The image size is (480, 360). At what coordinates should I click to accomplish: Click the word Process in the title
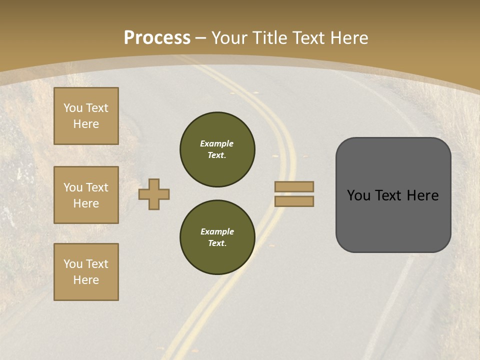[x=157, y=38]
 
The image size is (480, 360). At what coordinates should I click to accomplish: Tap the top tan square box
[x=86, y=116]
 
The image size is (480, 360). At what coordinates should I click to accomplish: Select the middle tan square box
[x=86, y=195]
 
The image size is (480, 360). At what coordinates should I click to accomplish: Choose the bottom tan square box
[x=86, y=272]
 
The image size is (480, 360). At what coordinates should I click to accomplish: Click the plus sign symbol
[x=154, y=194]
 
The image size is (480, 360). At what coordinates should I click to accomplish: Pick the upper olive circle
[x=217, y=149]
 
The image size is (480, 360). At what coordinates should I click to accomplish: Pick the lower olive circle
[x=217, y=237]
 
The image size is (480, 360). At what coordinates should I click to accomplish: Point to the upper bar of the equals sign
[x=294, y=187]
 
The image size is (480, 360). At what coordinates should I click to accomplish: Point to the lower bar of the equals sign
[x=294, y=201]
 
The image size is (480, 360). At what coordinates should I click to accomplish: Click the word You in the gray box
[x=359, y=195]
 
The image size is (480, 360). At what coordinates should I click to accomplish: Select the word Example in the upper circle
[x=217, y=143]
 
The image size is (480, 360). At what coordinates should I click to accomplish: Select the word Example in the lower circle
[x=217, y=231]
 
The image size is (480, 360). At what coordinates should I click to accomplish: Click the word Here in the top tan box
[x=86, y=124]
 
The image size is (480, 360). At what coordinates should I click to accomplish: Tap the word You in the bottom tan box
[x=73, y=264]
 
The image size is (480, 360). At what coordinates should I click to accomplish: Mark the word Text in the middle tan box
[x=97, y=187]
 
